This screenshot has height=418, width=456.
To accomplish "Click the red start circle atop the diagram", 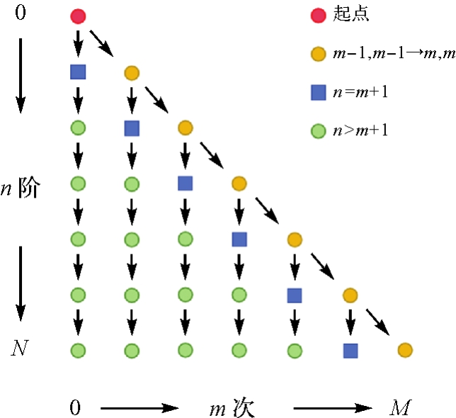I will pyautogui.click(x=78, y=16).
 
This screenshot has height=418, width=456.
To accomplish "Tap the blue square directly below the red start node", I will pyautogui.click(x=78, y=72).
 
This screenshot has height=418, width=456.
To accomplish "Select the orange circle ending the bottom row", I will pyautogui.click(x=404, y=349).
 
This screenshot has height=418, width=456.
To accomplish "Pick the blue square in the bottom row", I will pyautogui.click(x=350, y=349).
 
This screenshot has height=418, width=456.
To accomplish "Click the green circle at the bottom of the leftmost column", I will pyautogui.click(x=78, y=349).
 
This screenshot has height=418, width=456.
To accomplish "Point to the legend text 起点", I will pyautogui.click(x=352, y=14).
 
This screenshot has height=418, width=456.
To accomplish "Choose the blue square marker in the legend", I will pyautogui.click(x=318, y=91).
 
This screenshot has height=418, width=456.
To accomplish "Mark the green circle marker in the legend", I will pyautogui.click(x=318, y=130).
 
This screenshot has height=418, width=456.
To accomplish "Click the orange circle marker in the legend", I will pyautogui.click(x=318, y=53).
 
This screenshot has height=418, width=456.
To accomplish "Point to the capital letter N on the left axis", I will pyautogui.click(x=21, y=348).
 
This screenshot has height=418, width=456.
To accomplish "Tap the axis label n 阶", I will pyautogui.click(x=23, y=188).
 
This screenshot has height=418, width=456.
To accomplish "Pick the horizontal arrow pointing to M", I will pyautogui.click(x=334, y=408).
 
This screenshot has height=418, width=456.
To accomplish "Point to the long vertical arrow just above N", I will pyautogui.click(x=21, y=283).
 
